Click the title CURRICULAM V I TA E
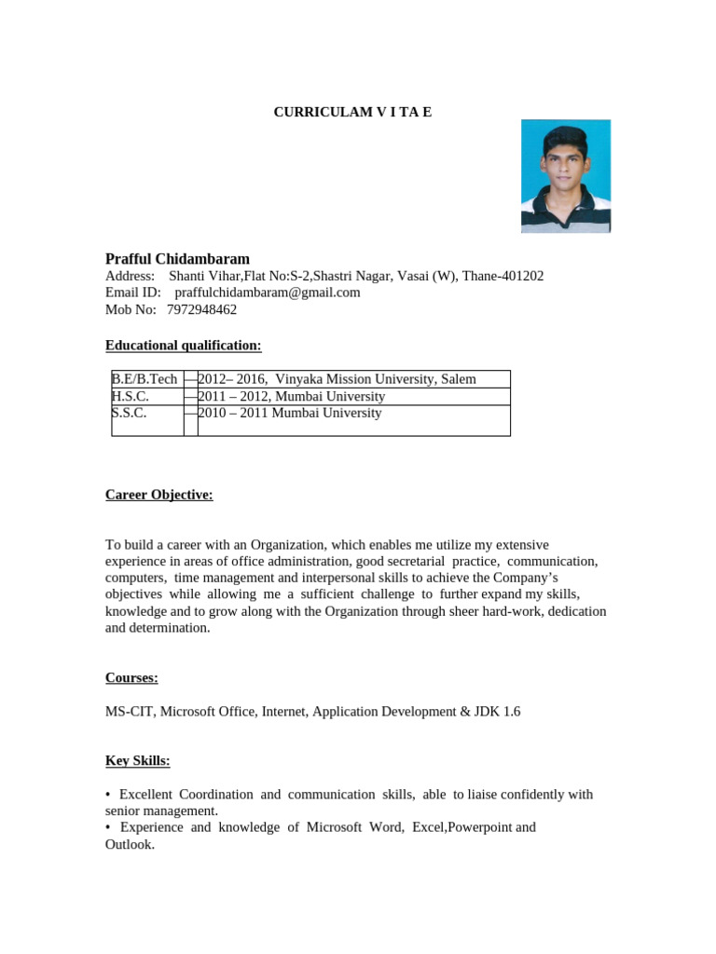352,113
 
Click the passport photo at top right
565,175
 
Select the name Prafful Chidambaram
177,258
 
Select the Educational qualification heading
184,346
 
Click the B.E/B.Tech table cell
145,379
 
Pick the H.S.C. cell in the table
131,396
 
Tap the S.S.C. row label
130,413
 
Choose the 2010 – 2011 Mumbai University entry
290,413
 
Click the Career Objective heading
159,495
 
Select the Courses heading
131,677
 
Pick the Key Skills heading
138,761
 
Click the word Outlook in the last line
129,844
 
